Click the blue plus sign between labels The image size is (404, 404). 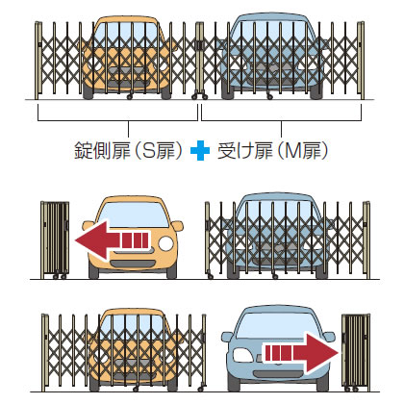click(x=200, y=151)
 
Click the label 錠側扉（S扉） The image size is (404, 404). click(x=128, y=151)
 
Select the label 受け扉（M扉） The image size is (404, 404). click(x=273, y=151)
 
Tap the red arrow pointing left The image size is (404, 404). click(x=113, y=240)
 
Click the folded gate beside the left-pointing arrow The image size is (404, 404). click(x=55, y=240)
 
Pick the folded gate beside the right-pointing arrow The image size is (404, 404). click(x=356, y=352)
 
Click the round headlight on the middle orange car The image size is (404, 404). click(x=166, y=243)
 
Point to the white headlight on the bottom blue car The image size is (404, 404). click(x=243, y=355)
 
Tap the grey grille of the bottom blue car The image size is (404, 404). click(x=278, y=374)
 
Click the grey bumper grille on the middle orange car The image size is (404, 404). click(x=133, y=264)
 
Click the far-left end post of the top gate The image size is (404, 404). click(x=38, y=61)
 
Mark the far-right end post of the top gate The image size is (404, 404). click(x=361, y=61)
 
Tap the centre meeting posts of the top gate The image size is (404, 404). click(x=199, y=61)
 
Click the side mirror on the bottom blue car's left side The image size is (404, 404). click(x=226, y=337)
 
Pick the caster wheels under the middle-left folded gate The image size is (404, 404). click(x=60, y=276)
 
